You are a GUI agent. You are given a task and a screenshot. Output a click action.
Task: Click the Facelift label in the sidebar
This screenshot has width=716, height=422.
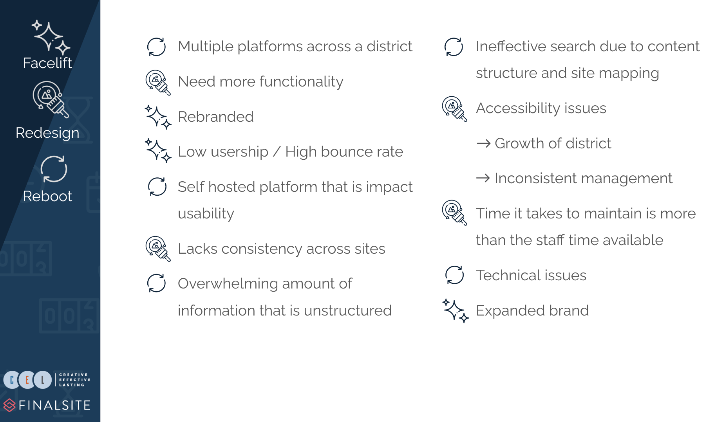point(47,63)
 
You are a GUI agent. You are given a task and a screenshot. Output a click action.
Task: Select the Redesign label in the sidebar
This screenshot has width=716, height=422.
point(47,133)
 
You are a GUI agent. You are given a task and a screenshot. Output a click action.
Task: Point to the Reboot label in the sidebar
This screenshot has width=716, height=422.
point(47,196)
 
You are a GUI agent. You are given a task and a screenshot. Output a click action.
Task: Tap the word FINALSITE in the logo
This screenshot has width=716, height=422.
point(55,405)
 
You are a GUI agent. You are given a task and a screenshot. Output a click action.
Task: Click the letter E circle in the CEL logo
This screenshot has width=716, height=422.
point(27,380)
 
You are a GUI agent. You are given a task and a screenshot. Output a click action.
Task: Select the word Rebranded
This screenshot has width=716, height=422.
point(216,117)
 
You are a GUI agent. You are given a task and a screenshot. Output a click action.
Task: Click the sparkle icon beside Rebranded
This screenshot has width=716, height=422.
point(158,117)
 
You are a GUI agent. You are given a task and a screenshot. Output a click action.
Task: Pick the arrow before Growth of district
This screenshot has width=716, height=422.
point(484,143)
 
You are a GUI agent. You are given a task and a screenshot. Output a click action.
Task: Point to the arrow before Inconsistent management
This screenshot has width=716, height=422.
point(483,178)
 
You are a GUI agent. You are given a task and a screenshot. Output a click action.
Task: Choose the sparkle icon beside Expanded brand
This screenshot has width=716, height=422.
point(456,311)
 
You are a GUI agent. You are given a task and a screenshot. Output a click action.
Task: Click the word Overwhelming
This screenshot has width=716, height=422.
point(228,284)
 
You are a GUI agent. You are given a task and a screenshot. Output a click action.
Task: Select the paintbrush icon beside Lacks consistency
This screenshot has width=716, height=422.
point(158,249)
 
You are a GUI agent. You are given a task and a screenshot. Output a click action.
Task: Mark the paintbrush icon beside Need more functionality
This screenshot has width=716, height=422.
point(158,83)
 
